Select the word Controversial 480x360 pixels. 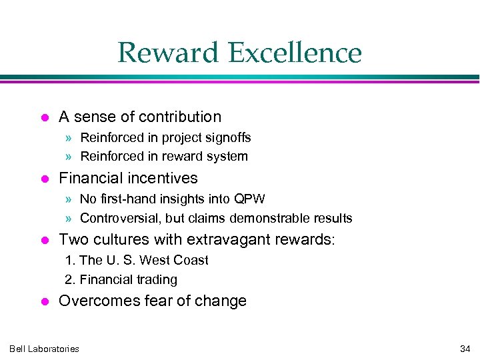[120, 218]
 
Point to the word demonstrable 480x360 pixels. [277, 218]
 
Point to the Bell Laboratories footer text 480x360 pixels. [44, 349]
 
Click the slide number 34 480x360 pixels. [465, 349]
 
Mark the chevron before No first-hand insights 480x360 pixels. [70, 199]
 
